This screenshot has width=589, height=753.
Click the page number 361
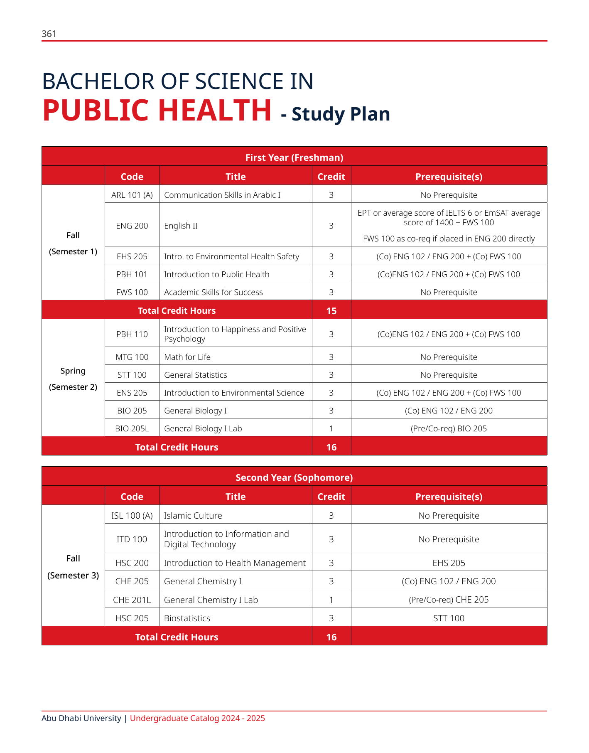49,34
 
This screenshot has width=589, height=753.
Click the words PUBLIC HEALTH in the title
157,111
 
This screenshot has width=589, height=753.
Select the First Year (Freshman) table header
294,157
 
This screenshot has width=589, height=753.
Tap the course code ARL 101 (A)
132,195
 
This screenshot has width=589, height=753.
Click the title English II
181,226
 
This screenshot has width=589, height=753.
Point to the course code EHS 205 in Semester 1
132,256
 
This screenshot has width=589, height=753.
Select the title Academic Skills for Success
213,292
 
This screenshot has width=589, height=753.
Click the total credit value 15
331,311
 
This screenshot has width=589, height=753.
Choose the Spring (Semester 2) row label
73,379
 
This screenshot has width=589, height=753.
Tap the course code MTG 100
132,357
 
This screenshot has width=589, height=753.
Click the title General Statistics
195,375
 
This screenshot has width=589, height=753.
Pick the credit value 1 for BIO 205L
331,428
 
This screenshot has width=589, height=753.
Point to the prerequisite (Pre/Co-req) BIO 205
449,428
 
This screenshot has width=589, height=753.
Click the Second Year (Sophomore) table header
294,477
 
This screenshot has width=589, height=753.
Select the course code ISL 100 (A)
132,516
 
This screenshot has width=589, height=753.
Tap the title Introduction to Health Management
235,563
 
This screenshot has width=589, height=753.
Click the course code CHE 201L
132,600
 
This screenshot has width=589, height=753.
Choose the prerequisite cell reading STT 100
449,618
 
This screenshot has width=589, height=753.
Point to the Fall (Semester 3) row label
73,567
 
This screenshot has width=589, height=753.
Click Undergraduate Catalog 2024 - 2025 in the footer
197,718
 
